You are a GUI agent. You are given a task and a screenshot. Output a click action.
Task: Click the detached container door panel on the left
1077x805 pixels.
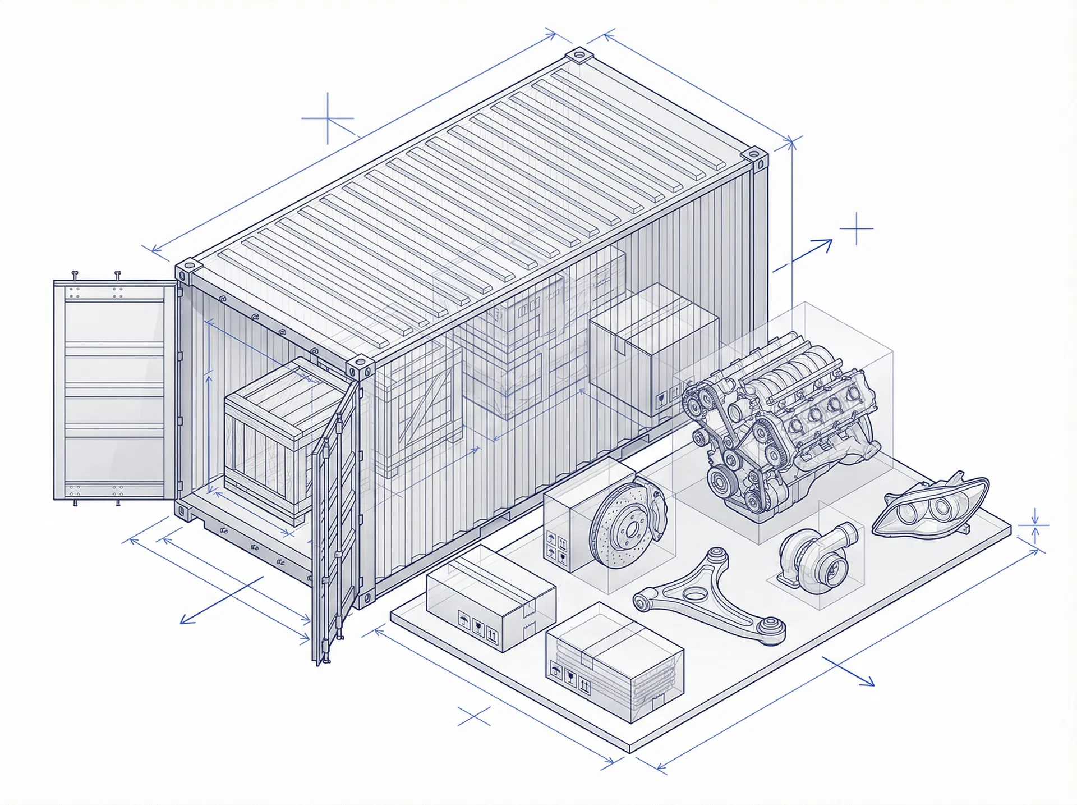click(115, 390)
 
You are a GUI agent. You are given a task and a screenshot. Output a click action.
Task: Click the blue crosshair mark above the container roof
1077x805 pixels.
click(328, 118)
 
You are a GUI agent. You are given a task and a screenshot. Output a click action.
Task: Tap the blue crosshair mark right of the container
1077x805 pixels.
click(857, 228)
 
